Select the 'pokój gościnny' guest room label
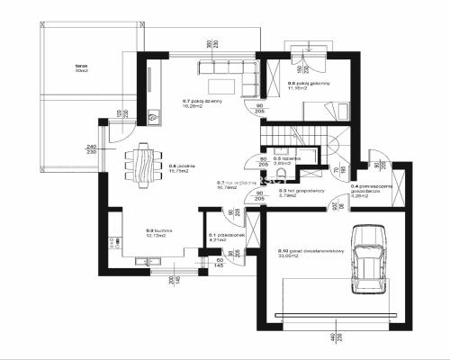308,86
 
